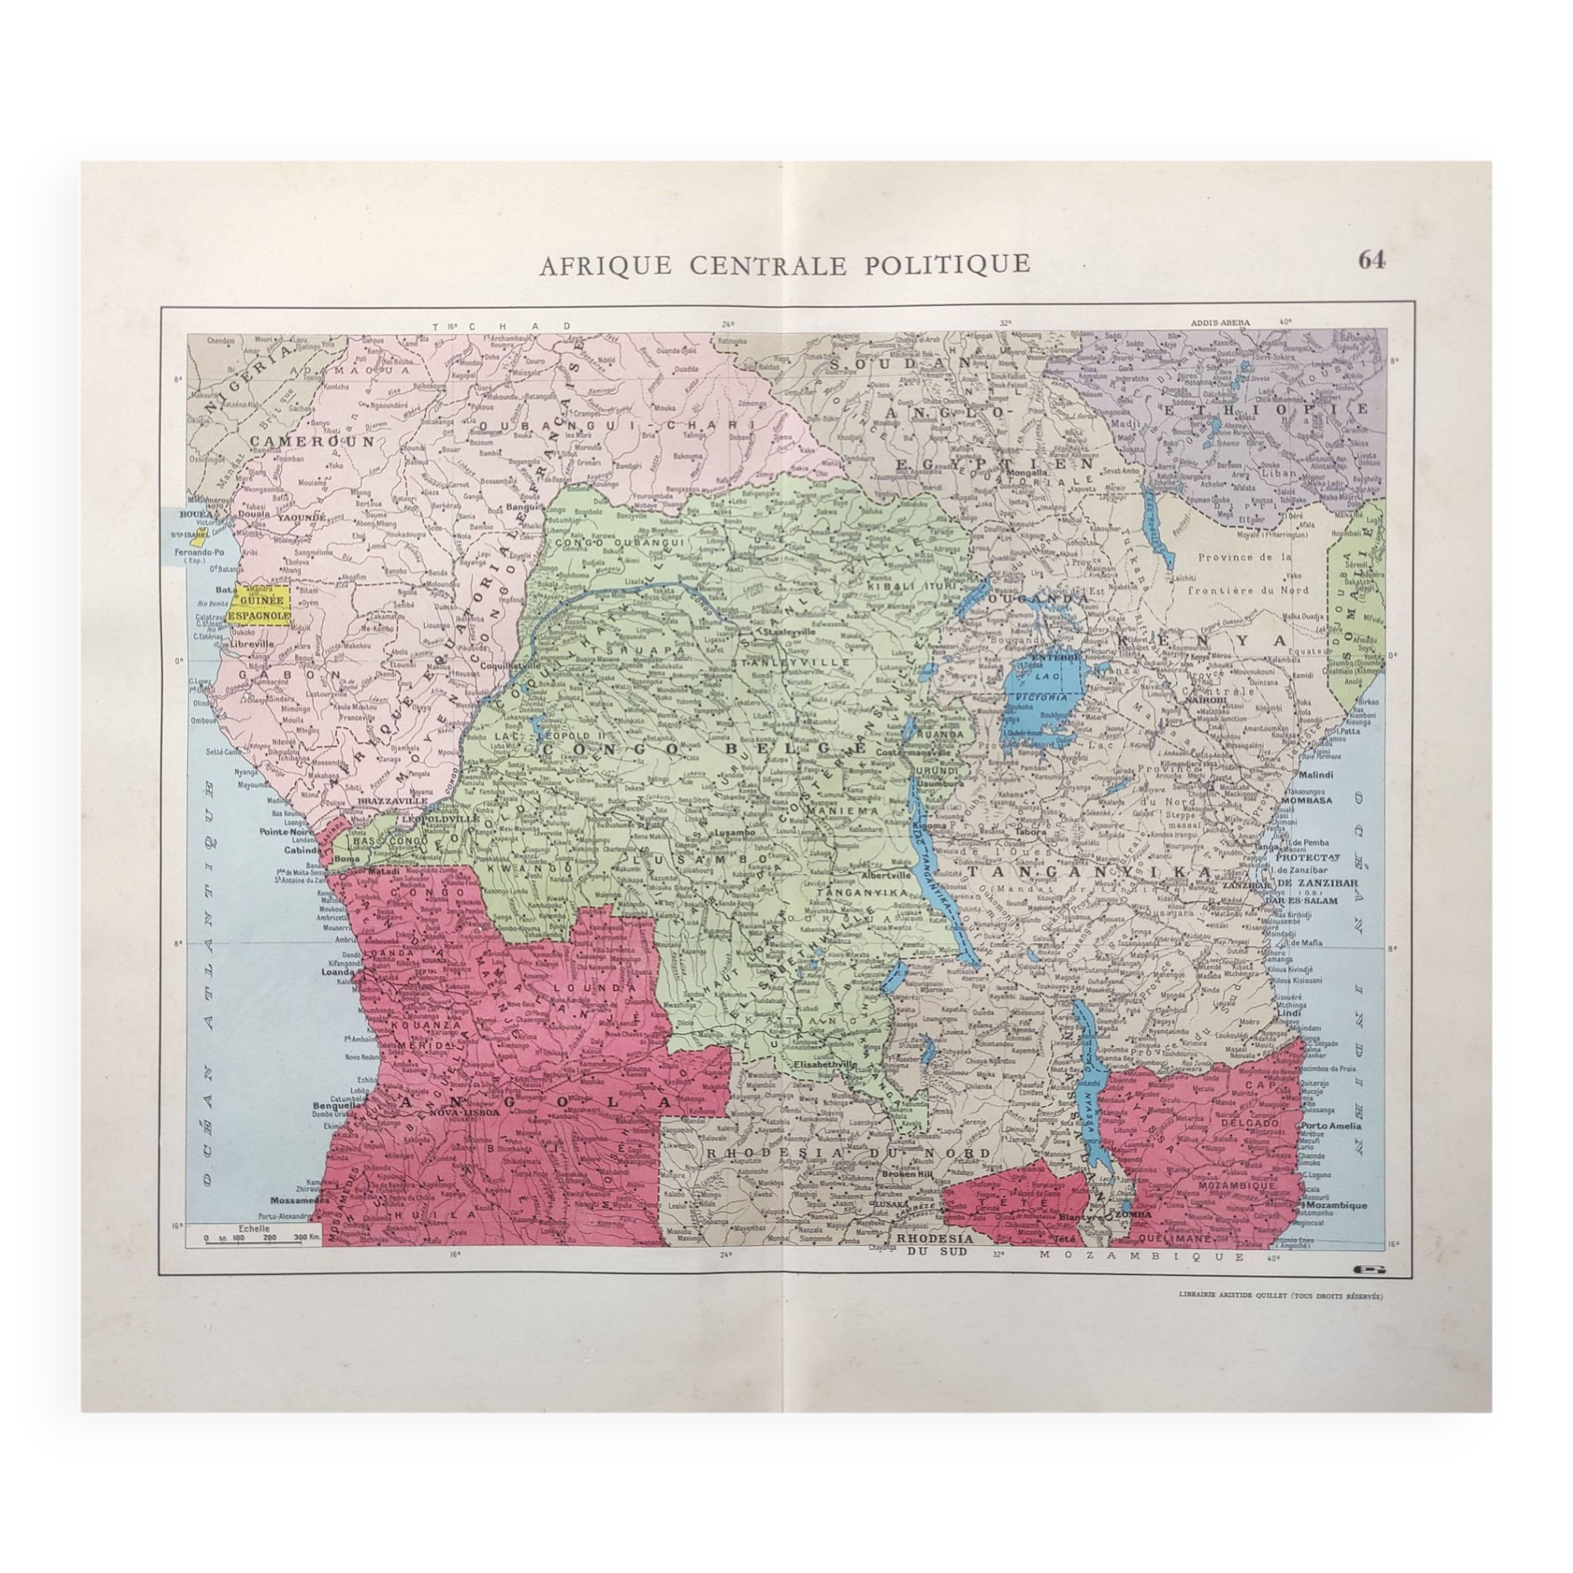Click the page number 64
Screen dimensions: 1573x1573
[x=1371, y=260]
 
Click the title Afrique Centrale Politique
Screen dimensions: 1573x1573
[x=784, y=263]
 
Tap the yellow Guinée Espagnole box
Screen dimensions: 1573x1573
[x=260, y=606]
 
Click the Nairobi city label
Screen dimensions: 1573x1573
[x=1211, y=700]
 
